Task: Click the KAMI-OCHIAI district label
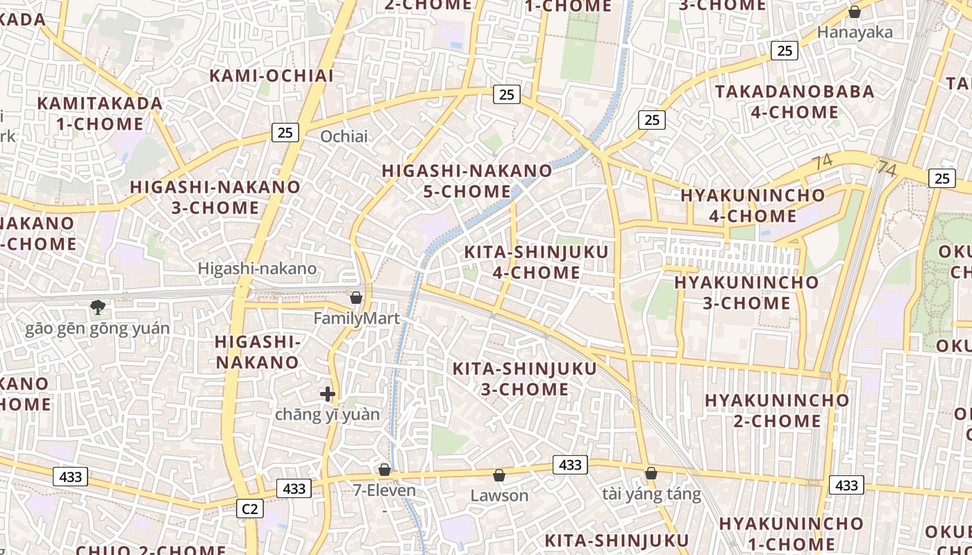pyautogui.click(x=271, y=76)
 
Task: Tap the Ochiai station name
pyautogui.click(x=344, y=136)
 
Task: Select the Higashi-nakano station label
pyautogui.click(x=257, y=268)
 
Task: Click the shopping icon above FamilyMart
pyautogui.click(x=356, y=298)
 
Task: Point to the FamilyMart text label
pyautogui.click(x=357, y=318)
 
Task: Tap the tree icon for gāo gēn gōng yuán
pyautogui.click(x=98, y=307)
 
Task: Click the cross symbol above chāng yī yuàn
pyautogui.click(x=328, y=394)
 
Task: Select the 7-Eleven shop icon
pyautogui.click(x=385, y=470)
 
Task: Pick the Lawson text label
pyautogui.click(x=499, y=495)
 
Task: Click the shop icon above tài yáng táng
pyautogui.click(x=651, y=473)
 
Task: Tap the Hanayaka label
pyautogui.click(x=855, y=32)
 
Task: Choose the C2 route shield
pyautogui.click(x=249, y=509)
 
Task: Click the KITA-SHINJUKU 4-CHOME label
pyautogui.click(x=536, y=262)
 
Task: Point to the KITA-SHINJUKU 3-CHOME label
pyautogui.click(x=525, y=379)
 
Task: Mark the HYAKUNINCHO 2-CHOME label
pyautogui.click(x=777, y=411)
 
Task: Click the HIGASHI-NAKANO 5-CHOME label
pyautogui.click(x=467, y=181)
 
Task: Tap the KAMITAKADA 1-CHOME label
pyautogui.click(x=100, y=114)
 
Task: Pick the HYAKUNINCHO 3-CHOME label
pyautogui.click(x=746, y=293)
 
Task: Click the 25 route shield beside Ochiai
pyautogui.click(x=285, y=132)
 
